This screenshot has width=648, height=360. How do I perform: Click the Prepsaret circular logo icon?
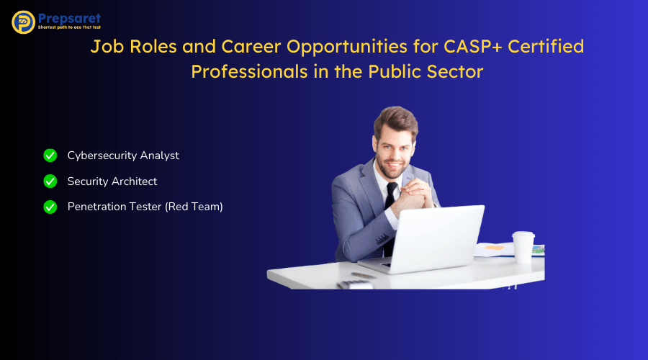[23, 22]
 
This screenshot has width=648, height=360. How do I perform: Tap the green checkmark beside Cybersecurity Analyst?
[50, 156]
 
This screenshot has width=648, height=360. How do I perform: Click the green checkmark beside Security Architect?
[50, 181]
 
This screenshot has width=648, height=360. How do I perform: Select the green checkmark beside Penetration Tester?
[50, 207]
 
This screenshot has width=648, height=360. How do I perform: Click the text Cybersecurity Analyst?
[123, 156]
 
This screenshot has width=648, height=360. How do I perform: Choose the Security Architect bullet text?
[112, 181]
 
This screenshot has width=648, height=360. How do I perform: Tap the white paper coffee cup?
[523, 246]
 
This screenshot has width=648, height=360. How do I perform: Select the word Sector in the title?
[458, 72]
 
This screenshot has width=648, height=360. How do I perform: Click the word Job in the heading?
[106, 47]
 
